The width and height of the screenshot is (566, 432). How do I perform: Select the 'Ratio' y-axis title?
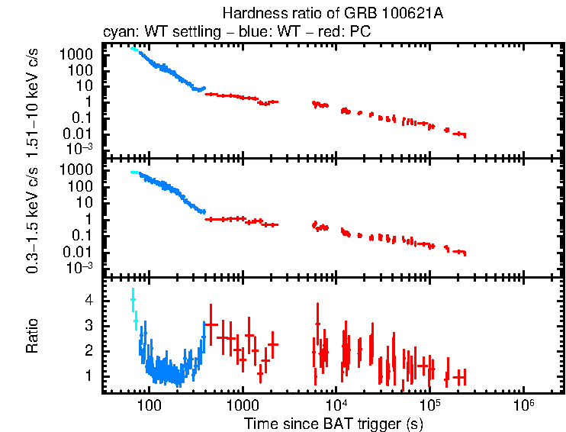33,336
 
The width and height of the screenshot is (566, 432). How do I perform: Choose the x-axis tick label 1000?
243,405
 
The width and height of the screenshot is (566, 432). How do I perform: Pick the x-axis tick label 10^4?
336,405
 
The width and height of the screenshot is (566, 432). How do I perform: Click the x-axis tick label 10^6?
523,405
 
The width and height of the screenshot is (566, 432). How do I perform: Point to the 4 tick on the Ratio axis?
88,301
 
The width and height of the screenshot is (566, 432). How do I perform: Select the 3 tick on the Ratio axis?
88,326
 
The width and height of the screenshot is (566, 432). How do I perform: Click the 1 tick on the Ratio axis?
88,376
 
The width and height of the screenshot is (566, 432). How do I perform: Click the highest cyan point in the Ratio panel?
133,300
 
